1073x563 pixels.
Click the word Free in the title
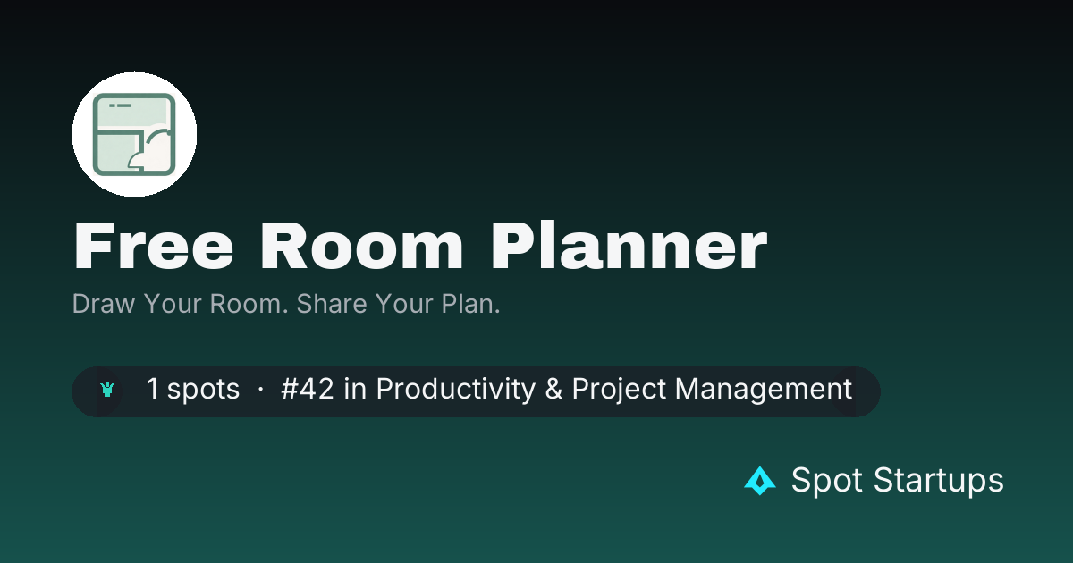click(153, 246)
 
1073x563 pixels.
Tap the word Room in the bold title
click(361, 246)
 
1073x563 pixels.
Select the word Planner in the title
click(629, 246)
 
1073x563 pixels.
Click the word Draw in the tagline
click(104, 304)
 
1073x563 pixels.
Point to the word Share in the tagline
click(332, 304)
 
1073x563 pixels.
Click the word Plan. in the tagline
click(470, 304)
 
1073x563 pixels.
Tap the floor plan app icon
click(134, 135)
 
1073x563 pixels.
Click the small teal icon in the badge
click(107, 390)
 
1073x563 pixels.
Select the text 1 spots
click(192, 389)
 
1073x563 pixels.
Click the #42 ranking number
click(307, 388)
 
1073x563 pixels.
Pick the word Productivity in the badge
click(455, 389)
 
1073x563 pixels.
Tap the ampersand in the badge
click(553, 389)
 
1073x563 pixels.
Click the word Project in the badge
click(619, 389)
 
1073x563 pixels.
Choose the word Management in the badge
click(764, 389)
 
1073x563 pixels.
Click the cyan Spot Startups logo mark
click(760, 481)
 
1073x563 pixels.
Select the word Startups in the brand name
click(938, 480)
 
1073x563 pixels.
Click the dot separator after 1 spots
click(260, 389)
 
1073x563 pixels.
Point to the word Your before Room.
click(173, 304)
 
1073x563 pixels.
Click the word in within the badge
click(355, 388)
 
